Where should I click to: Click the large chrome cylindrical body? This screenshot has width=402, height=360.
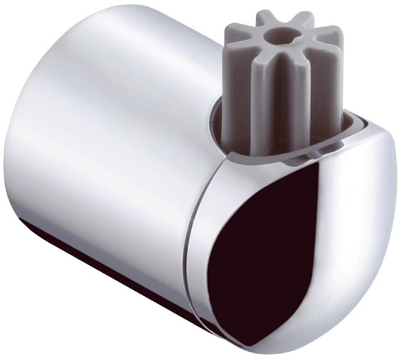click(x=111, y=155)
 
